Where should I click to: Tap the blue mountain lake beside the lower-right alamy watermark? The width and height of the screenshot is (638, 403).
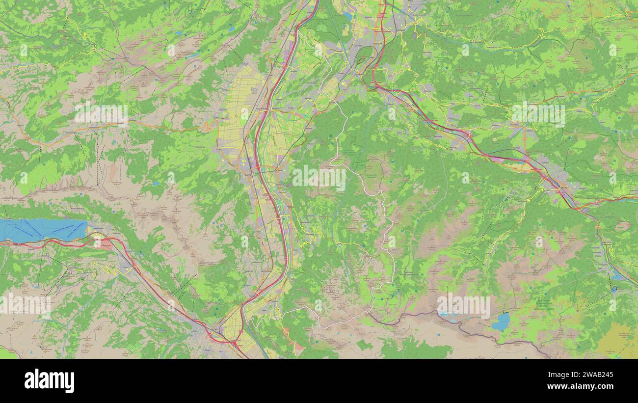501,322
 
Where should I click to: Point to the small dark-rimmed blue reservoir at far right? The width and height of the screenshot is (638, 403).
614,289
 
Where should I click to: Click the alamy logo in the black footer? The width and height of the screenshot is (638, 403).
49,381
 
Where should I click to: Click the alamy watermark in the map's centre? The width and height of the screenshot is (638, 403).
319,178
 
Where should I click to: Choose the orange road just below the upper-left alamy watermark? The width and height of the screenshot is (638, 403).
101,129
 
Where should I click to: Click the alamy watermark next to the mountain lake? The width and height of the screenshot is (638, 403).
463,306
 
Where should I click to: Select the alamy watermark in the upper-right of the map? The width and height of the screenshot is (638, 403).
538,114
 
